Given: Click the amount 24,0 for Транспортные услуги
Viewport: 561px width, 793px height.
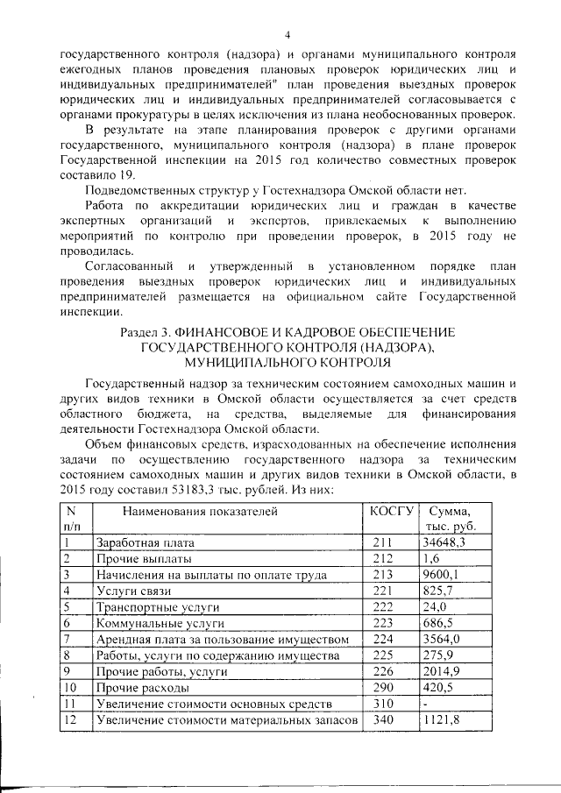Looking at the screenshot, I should click(x=434, y=606).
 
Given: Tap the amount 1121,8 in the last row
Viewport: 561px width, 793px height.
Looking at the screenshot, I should click(x=442, y=720).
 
